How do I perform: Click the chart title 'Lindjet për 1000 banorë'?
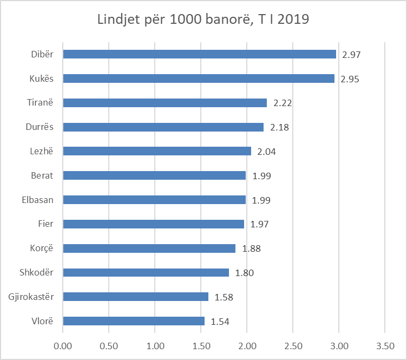[203, 19]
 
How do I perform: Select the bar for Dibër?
[199, 54]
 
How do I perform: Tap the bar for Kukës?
[199, 78]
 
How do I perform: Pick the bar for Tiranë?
[165, 103]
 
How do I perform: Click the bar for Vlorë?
[134, 321]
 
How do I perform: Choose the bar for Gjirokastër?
[135, 297]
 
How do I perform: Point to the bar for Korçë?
[149, 248]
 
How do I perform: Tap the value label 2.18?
[278, 127]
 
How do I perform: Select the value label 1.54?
[219, 322]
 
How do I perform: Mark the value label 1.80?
[244, 273]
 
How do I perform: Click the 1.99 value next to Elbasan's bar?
[260, 200]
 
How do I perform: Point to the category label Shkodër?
[37, 272]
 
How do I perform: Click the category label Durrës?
[40, 127]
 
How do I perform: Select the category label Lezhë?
[42, 151]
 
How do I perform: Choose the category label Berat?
[43, 175]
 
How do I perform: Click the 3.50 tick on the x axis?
[384, 344]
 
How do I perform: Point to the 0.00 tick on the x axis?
[63, 344]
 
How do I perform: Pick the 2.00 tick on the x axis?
[247, 344]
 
